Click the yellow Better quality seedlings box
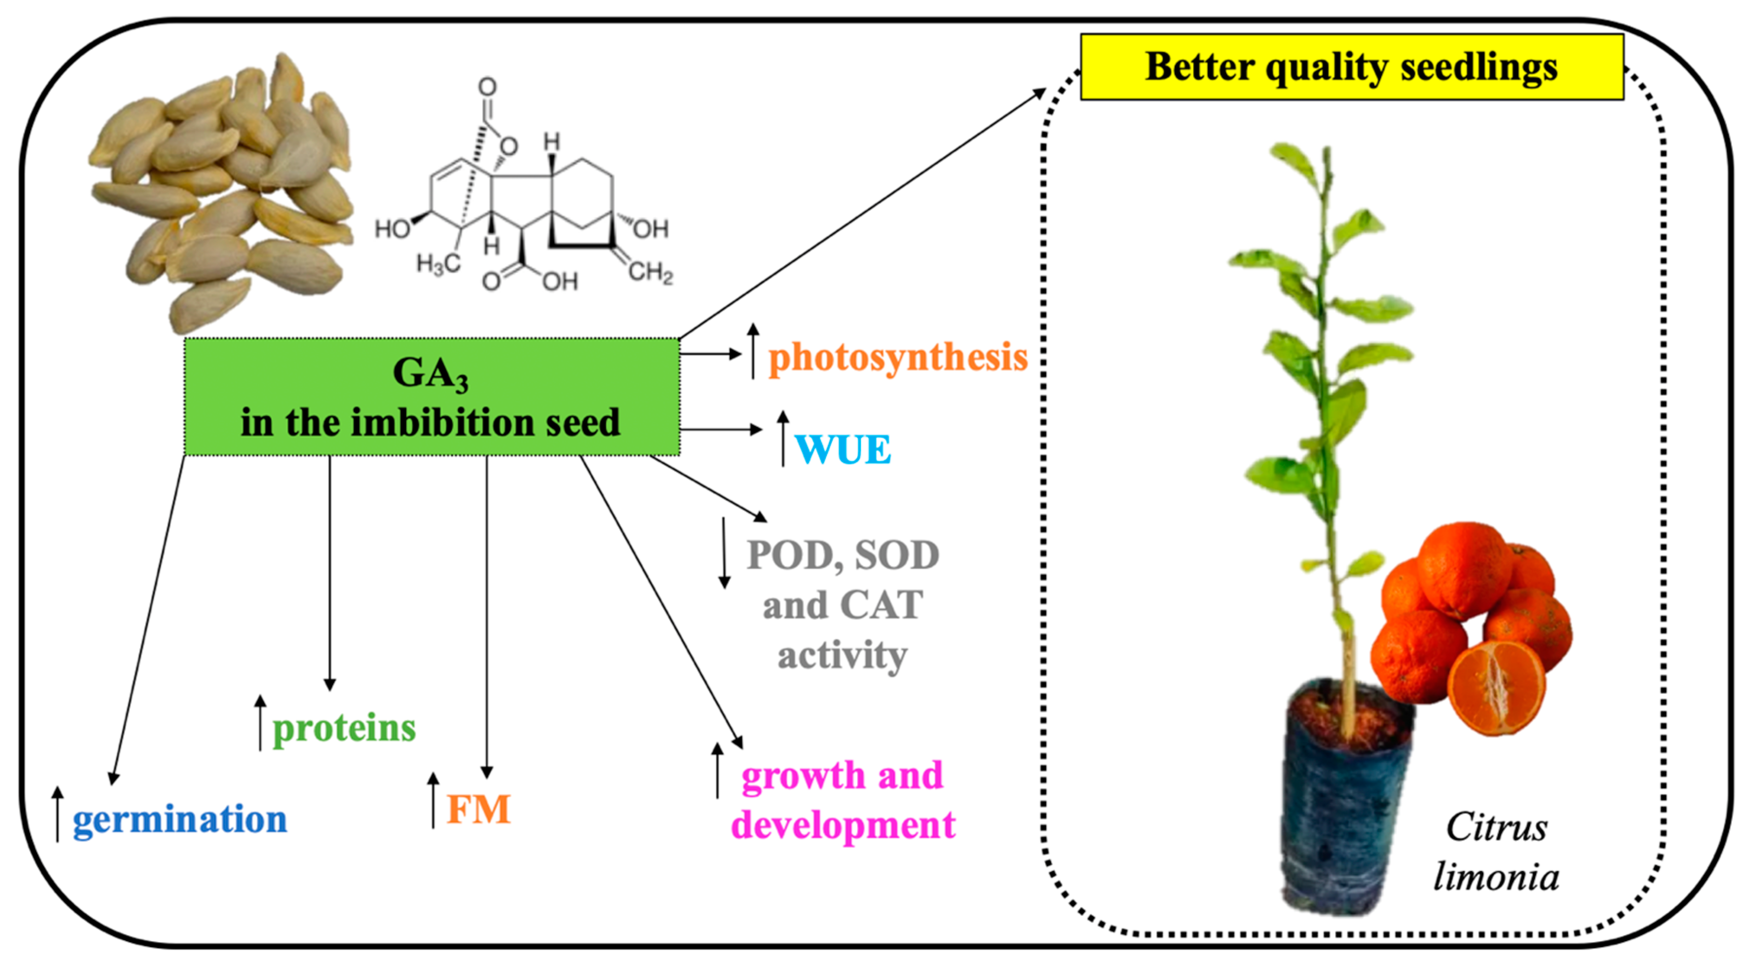[x=1351, y=67]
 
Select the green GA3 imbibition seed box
[x=431, y=397]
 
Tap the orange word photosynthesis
[x=897, y=357]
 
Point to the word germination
[x=180, y=819]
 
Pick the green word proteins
[x=344, y=728]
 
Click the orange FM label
[x=478, y=810]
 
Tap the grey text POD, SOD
[x=842, y=555]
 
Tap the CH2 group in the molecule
[x=650, y=272]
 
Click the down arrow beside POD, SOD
[x=724, y=553]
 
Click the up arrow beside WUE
[x=783, y=439]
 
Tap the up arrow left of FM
[x=433, y=800]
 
